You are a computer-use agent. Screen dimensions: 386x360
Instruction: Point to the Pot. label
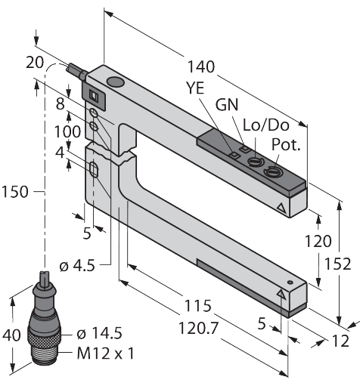286,144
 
